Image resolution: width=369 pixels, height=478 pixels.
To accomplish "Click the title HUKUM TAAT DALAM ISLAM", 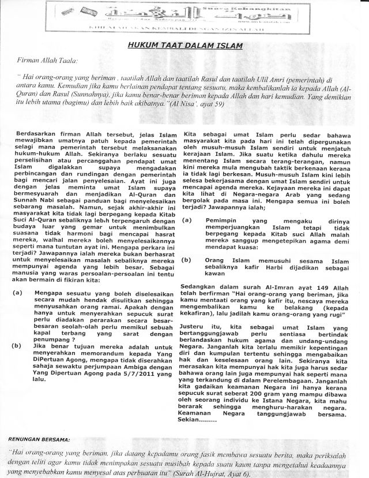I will [x=184, y=45].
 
